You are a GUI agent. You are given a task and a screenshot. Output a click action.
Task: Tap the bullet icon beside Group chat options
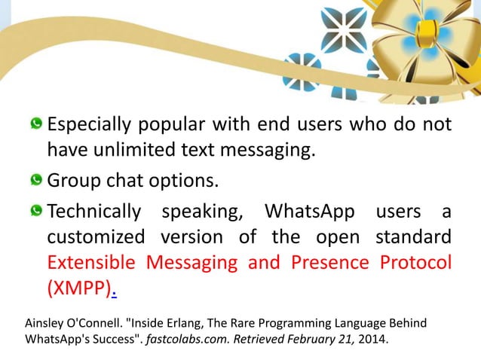36,181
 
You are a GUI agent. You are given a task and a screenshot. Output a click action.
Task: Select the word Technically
93,212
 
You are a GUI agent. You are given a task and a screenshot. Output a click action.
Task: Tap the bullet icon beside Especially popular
36,124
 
